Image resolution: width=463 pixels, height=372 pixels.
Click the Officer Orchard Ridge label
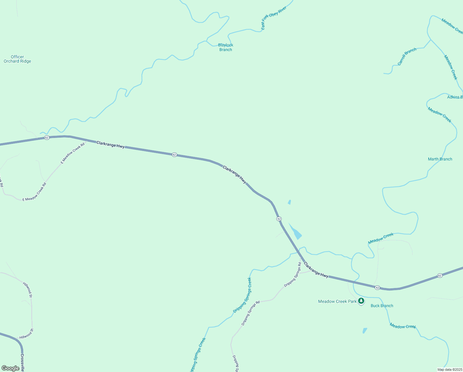[17, 59]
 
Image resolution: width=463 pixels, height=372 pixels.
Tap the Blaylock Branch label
[226, 47]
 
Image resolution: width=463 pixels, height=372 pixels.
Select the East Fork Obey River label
[274, 18]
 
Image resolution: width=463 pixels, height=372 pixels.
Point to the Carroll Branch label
[407, 57]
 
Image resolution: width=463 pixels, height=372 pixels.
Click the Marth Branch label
[440, 159]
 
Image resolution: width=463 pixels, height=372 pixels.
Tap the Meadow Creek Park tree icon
[361, 301]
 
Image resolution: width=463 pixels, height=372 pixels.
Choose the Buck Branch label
[382, 306]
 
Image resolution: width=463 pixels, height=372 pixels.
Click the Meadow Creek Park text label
[337, 301]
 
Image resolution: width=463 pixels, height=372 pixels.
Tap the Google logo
[11, 368]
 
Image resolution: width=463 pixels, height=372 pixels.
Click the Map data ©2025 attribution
[449, 370]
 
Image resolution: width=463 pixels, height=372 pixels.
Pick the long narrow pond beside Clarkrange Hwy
[295, 231]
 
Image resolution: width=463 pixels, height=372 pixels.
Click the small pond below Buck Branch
[365, 331]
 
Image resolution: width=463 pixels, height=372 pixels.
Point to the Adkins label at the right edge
[455, 97]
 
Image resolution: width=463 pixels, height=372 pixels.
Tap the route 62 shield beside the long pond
[279, 219]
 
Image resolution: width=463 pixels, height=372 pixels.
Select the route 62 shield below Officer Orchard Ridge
[47, 138]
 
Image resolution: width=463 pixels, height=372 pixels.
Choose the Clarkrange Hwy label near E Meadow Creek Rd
[110, 145]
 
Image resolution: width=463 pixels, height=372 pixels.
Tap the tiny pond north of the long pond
[289, 202]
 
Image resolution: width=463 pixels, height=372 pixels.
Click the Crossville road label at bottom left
[22, 362]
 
